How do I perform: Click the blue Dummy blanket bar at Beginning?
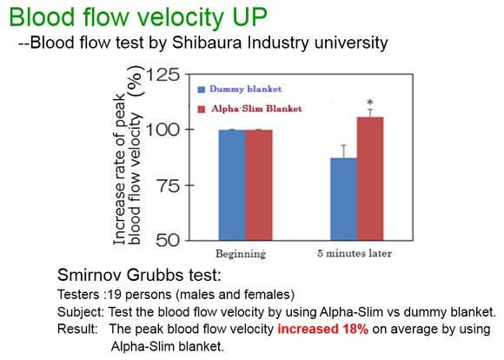(x=232, y=185)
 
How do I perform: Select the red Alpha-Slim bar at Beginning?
(x=259, y=185)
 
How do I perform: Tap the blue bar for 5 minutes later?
(x=343, y=199)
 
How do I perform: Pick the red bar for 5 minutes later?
(x=370, y=179)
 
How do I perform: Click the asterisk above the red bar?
(x=370, y=103)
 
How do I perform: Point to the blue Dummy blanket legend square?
(x=202, y=90)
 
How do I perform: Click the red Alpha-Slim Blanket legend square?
(x=202, y=110)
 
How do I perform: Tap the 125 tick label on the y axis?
(x=163, y=75)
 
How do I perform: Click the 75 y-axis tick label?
(x=168, y=185)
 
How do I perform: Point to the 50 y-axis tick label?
(x=168, y=240)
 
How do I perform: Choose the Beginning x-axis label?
(x=241, y=254)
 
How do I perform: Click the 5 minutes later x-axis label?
(x=355, y=254)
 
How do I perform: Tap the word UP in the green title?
(x=250, y=17)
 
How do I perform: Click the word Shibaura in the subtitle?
(x=207, y=43)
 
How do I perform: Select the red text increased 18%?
(x=323, y=329)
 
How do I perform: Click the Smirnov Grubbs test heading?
(x=140, y=275)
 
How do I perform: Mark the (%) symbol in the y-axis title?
(x=136, y=80)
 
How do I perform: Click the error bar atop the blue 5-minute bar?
(x=344, y=151)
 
